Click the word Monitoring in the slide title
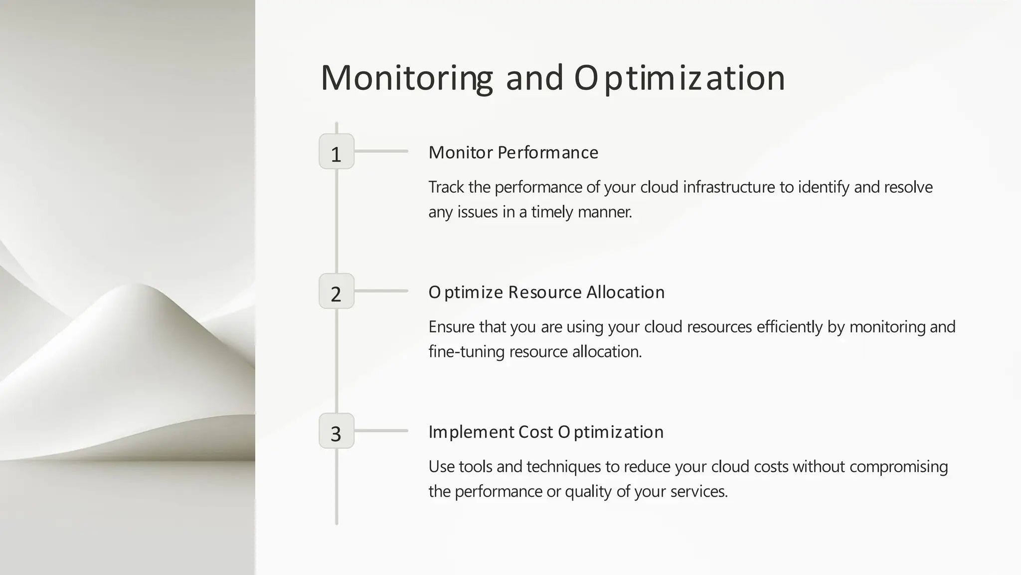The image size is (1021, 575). (406, 78)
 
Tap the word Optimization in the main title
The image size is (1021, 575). (680, 78)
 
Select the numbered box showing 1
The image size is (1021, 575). (337, 152)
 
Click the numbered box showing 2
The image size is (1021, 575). (337, 291)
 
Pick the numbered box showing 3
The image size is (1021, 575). (337, 431)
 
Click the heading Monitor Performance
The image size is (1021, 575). (513, 153)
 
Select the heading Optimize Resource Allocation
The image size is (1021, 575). (546, 292)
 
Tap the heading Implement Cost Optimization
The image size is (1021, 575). (546, 432)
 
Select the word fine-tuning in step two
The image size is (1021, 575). (467, 352)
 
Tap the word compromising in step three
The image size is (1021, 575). (898, 467)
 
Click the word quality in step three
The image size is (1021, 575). (588, 492)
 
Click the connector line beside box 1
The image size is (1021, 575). (381, 151)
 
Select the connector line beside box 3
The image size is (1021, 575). (381, 431)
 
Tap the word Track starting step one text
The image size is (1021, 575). (446, 187)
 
